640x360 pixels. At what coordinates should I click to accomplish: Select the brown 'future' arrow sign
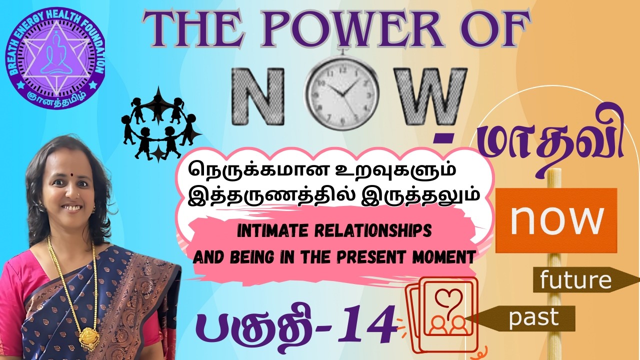(580, 280)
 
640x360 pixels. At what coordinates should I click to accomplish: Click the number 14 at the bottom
(365, 327)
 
